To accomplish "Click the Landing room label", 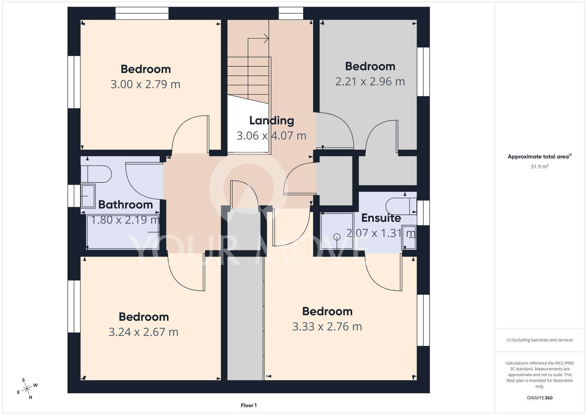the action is (271, 121).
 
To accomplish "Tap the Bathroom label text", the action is (126, 205).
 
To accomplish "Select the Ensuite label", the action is (381, 218).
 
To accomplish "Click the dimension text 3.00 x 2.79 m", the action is (145, 85).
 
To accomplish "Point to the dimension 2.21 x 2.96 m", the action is (370, 82).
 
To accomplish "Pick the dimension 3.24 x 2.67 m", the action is (144, 332).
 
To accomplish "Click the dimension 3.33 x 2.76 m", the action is (327, 327).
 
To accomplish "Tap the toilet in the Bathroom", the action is (96, 174).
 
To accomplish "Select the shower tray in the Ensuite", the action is (337, 231).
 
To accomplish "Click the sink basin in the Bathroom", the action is (88, 196).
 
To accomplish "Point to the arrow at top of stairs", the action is (258, 38).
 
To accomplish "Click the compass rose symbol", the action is (27, 389).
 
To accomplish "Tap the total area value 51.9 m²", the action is (540, 166).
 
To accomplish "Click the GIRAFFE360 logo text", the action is (540, 398).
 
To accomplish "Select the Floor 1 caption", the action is (249, 405).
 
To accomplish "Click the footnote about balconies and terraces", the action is (540, 340).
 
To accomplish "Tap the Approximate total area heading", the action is (540, 156).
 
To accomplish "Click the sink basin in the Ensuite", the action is (409, 237).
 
